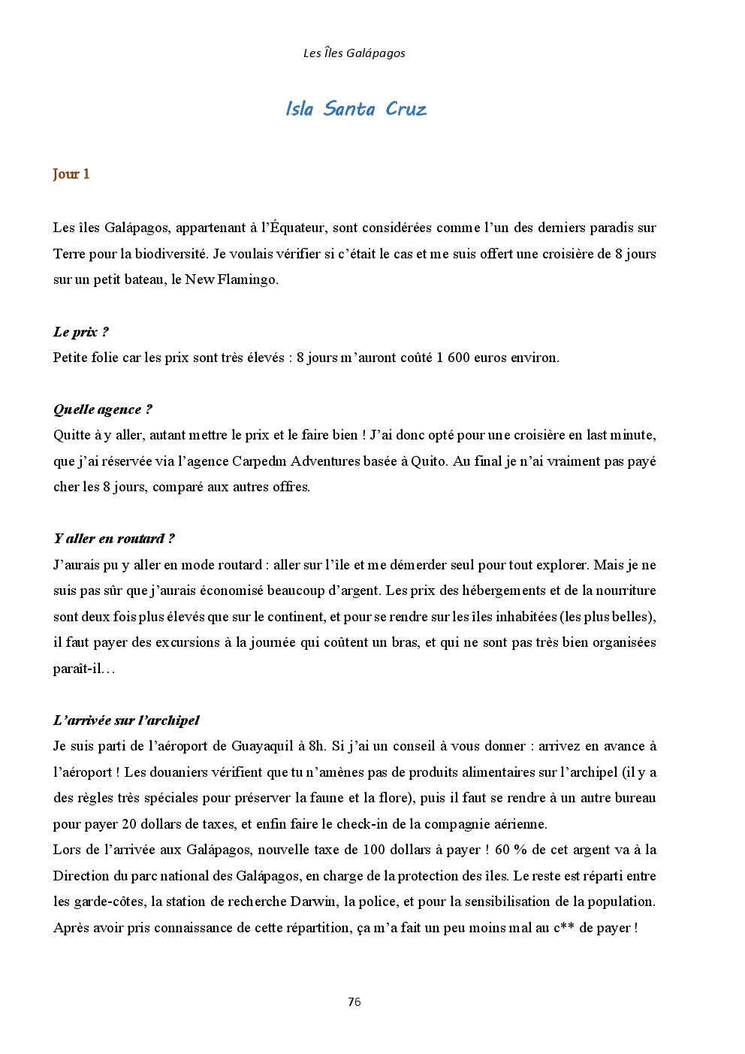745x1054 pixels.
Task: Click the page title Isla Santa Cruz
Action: (355, 109)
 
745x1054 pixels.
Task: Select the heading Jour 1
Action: (71, 174)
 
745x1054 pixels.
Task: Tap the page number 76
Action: (354, 1001)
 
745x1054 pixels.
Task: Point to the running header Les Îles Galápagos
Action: (354, 53)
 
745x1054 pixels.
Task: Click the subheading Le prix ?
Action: (80, 332)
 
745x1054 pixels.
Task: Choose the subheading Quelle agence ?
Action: (102, 409)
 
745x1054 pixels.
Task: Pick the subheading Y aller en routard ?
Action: (113, 539)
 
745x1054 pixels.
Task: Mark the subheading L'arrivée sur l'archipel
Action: (126, 720)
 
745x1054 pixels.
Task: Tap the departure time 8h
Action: (317, 746)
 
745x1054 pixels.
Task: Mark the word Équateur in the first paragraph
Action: (297, 228)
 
